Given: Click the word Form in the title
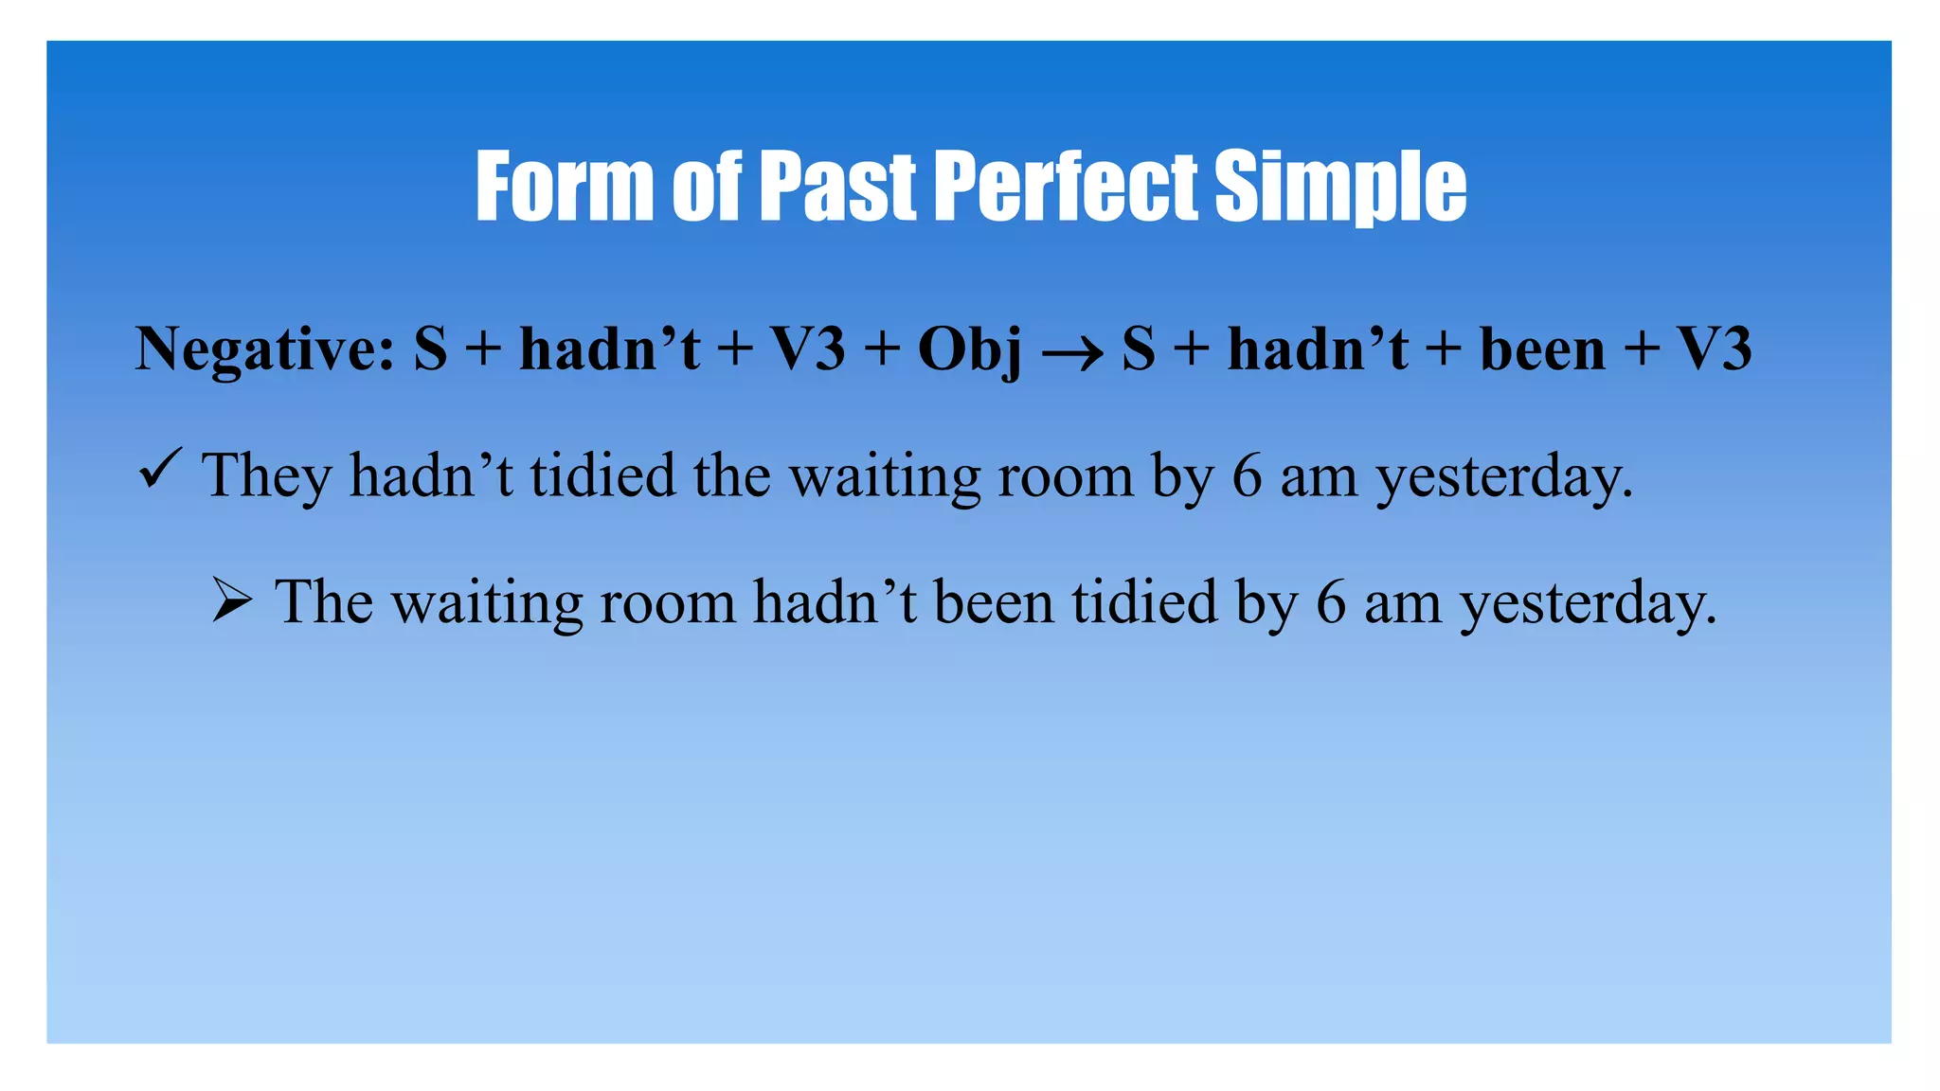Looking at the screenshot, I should coord(565,187).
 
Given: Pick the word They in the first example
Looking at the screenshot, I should coord(266,476).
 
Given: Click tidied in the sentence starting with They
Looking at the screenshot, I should coord(602,474).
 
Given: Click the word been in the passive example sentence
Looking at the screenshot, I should coord(993,601).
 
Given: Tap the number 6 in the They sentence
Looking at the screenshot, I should coord(1247,475).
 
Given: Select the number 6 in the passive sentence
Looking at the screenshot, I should coord(1330,602).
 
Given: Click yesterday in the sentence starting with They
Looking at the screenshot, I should coord(1503,476).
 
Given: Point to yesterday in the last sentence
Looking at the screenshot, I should coord(1588,603).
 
